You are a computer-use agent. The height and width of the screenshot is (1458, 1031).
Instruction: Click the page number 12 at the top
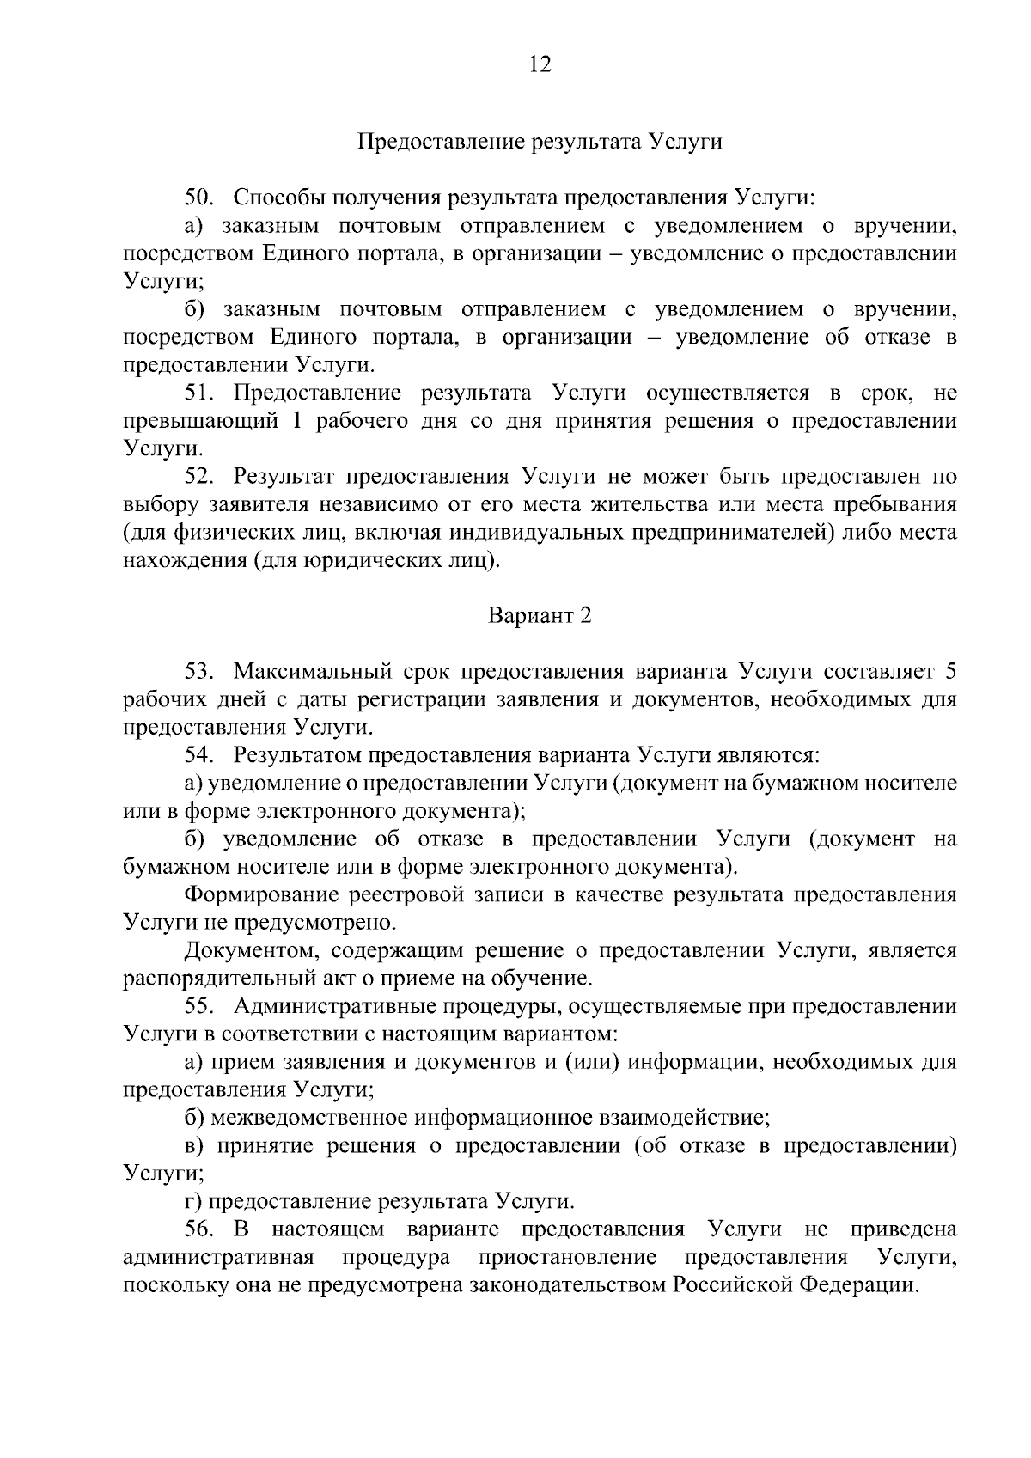[x=540, y=66]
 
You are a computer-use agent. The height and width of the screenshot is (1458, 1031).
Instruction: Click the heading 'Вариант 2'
[x=540, y=616]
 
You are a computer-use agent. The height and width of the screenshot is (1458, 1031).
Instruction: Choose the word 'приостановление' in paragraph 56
[x=568, y=1257]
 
